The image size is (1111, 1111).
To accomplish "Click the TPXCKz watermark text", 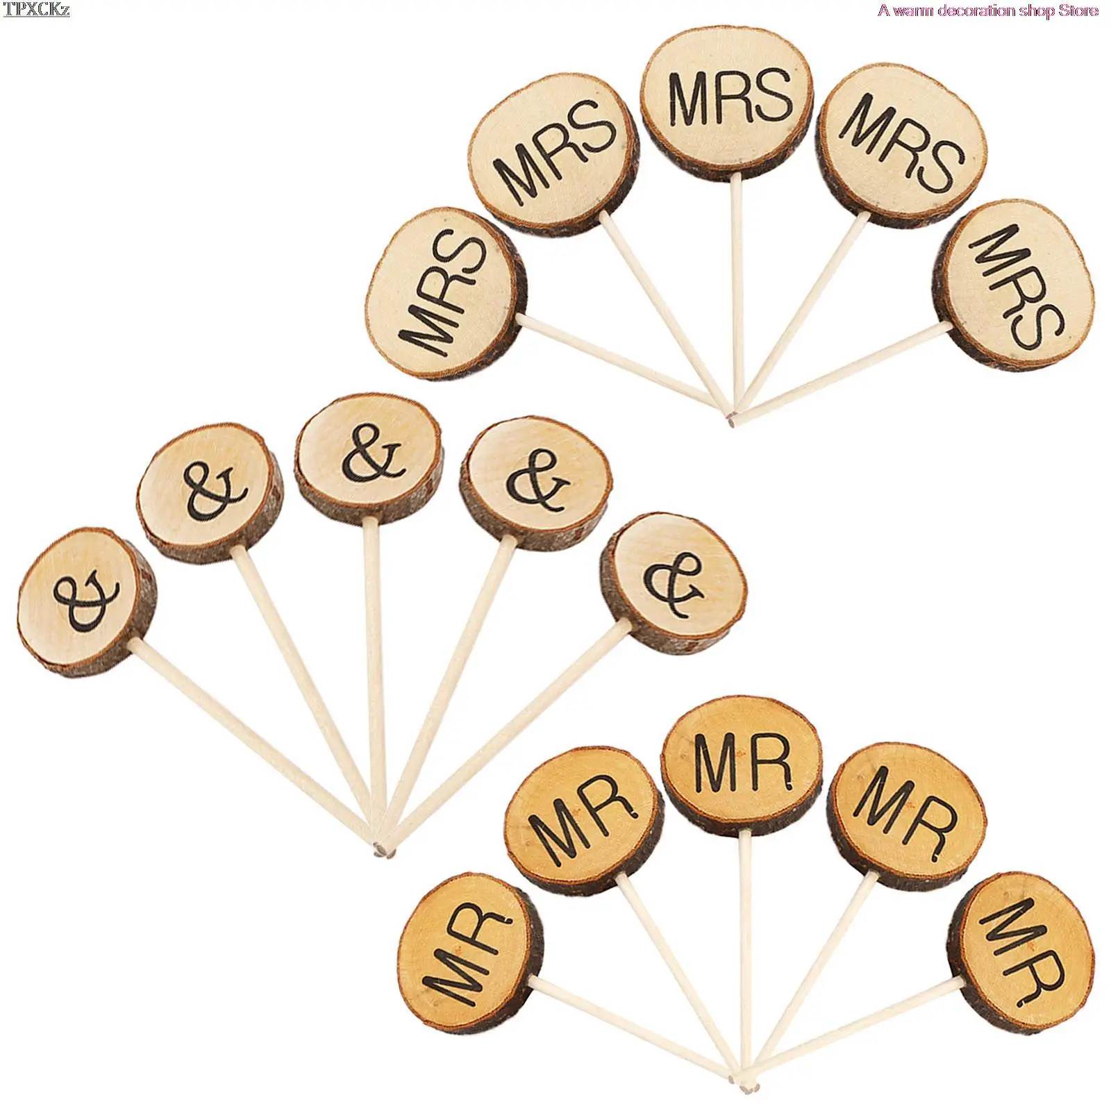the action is (x=37, y=9).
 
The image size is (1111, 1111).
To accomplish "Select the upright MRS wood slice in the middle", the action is (x=726, y=101).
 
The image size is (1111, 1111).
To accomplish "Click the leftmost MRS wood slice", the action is (x=446, y=294).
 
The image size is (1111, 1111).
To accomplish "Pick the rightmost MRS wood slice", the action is (x=1014, y=285).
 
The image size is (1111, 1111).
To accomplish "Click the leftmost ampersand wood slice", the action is (x=87, y=601).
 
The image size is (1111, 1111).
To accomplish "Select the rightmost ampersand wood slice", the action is (x=674, y=584).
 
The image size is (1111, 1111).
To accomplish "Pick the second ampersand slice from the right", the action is (x=536, y=483).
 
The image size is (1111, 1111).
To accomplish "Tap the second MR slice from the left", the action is (x=584, y=820).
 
